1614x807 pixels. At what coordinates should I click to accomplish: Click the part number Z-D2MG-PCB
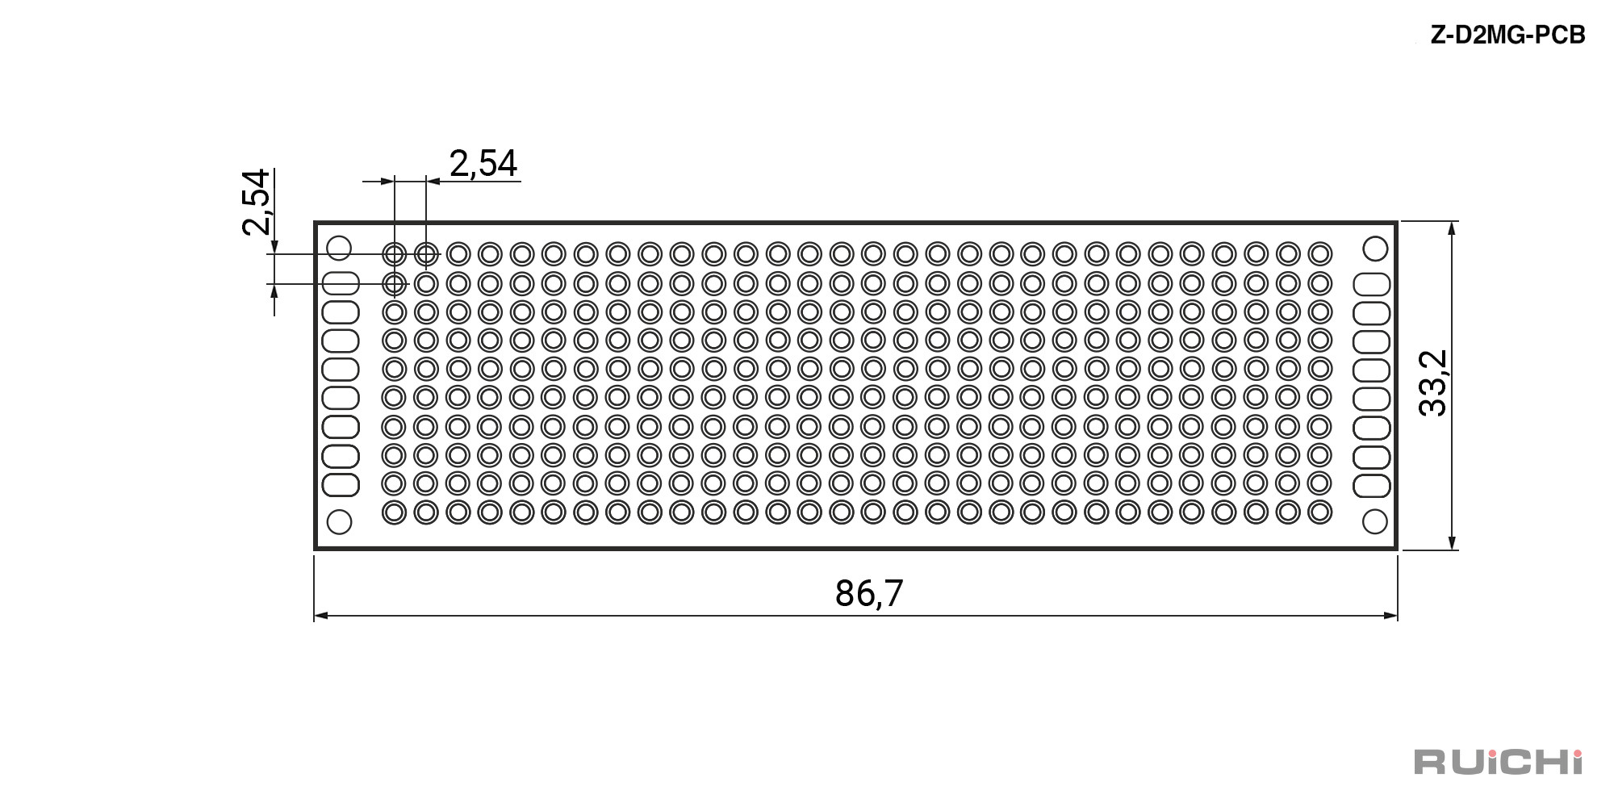(1507, 36)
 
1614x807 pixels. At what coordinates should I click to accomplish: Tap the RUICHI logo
(1499, 761)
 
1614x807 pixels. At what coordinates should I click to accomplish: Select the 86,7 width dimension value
(869, 593)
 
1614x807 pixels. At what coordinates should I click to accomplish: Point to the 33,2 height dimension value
(1434, 383)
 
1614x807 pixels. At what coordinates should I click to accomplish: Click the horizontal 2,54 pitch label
(483, 163)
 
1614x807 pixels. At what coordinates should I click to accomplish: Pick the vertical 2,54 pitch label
(256, 202)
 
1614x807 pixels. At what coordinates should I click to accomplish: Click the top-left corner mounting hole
(339, 248)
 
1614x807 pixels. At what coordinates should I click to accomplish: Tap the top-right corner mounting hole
(1375, 248)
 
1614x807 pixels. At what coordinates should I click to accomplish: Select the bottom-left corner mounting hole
(339, 522)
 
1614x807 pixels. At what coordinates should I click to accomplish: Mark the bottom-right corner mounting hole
(1375, 522)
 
